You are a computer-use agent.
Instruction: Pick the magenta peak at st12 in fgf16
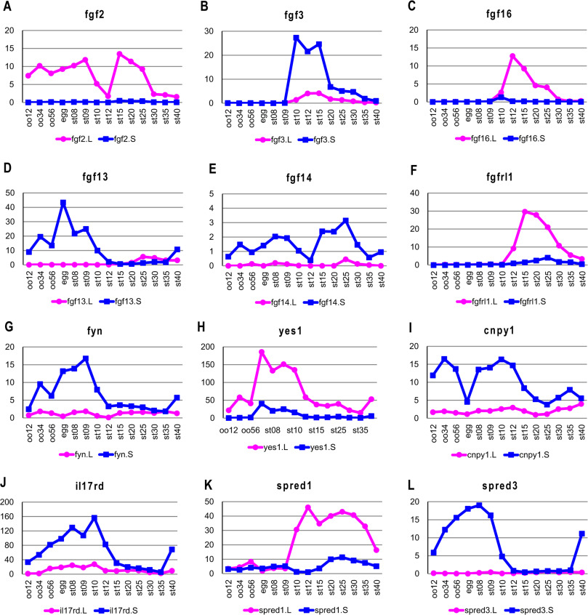click(x=512, y=56)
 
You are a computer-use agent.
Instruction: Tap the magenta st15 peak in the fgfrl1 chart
click(x=525, y=212)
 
